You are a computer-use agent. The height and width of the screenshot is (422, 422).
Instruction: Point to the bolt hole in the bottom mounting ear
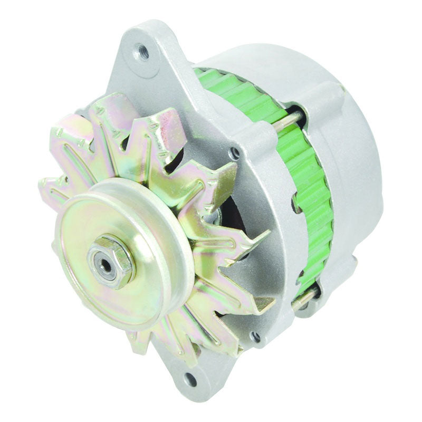[x=190, y=378]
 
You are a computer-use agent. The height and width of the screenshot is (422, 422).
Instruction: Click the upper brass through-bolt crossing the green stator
[x=293, y=122]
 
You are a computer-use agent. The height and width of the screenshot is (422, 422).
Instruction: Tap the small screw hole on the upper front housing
[x=235, y=154]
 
